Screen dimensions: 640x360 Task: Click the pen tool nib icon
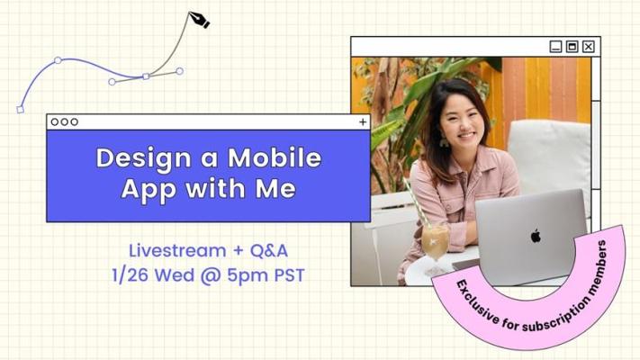click(x=199, y=20)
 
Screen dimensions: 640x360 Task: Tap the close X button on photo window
click(x=588, y=47)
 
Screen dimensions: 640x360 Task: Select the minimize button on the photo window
click(x=555, y=47)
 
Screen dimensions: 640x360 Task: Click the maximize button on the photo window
click(x=572, y=47)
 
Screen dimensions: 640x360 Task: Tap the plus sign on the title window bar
click(x=363, y=122)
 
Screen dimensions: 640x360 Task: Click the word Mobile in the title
click(x=275, y=157)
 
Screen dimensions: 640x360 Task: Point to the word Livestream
click(x=177, y=250)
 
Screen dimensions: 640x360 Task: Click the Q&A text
click(x=269, y=250)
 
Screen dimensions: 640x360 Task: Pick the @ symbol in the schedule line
click(x=211, y=275)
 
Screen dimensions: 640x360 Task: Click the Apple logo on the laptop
click(x=536, y=236)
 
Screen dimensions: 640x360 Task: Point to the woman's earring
click(x=444, y=140)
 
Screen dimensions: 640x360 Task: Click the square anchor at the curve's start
click(x=20, y=109)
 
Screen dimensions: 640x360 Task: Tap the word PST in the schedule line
click(x=289, y=275)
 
